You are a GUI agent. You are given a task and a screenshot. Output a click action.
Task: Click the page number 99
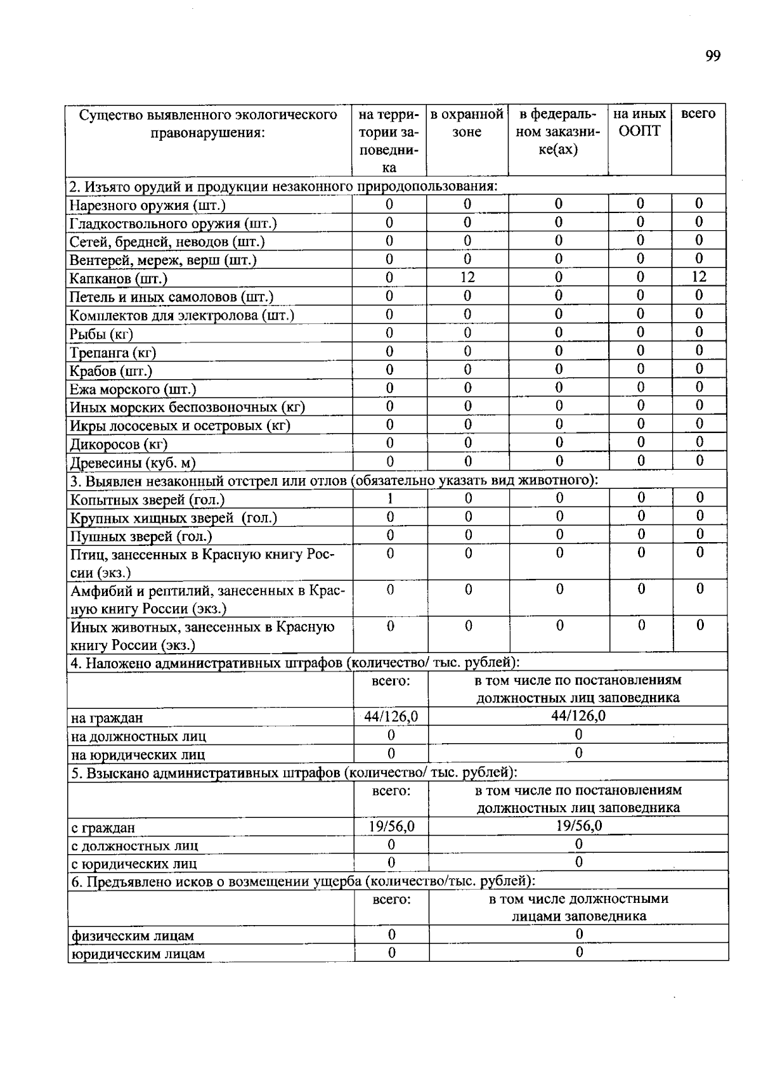click(x=712, y=56)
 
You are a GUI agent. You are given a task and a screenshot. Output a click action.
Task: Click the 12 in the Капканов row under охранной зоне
click(x=467, y=277)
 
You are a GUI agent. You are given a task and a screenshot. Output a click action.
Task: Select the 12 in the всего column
click(x=698, y=276)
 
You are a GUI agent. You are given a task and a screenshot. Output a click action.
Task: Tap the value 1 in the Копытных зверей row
click(x=390, y=499)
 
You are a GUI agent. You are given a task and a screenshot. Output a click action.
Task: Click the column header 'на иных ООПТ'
click(x=639, y=122)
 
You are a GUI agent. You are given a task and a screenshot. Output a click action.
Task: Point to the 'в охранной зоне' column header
click(x=467, y=123)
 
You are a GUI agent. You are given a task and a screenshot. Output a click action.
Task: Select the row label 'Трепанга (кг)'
click(x=113, y=353)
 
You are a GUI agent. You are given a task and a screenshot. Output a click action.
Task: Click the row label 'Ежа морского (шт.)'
click(x=133, y=389)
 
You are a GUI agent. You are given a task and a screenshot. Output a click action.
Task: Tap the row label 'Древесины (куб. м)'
click(x=133, y=463)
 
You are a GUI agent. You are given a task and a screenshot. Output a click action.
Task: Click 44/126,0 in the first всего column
click(x=391, y=716)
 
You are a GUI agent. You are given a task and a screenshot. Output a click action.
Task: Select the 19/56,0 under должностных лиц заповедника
click(x=578, y=826)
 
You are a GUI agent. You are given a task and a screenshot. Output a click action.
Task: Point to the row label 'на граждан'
click(x=107, y=718)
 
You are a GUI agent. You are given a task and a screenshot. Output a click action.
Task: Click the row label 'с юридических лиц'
click(x=134, y=864)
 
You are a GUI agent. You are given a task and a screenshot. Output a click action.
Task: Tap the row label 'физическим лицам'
click(x=133, y=936)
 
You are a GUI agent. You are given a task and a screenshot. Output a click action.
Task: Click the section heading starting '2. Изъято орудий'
click(x=283, y=186)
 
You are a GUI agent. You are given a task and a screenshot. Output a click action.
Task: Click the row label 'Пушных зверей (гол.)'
click(x=141, y=536)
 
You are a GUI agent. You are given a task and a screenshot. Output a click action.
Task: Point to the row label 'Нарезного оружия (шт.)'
click(x=147, y=205)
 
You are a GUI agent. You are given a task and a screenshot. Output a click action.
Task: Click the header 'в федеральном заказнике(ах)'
click(x=557, y=132)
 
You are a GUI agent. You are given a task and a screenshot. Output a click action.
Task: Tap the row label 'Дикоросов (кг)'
click(x=119, y=444)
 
